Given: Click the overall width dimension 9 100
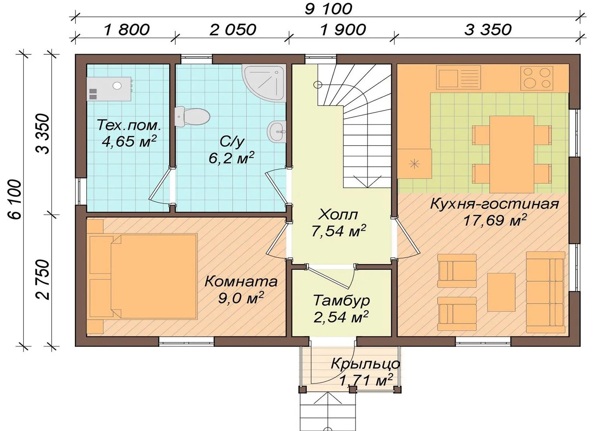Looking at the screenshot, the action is [329, 9].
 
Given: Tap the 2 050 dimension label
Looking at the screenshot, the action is [233, 30].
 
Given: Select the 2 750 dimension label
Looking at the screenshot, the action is [43, 280].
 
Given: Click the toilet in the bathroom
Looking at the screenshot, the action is [192, 117].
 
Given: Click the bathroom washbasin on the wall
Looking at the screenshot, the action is [276, 132].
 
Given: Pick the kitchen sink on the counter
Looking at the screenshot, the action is [459, 77].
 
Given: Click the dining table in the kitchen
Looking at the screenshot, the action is [512, 154].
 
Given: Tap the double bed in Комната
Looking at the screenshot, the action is [142, 276].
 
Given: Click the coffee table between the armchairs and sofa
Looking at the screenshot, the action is [501, 292].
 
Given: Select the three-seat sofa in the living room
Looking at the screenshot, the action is [545, 292].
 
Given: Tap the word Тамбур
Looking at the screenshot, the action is [341, 301].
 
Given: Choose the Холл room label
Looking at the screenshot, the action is [338, 215].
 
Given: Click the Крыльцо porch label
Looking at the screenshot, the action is [365, 364].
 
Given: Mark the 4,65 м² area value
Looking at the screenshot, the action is [129, 141].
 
